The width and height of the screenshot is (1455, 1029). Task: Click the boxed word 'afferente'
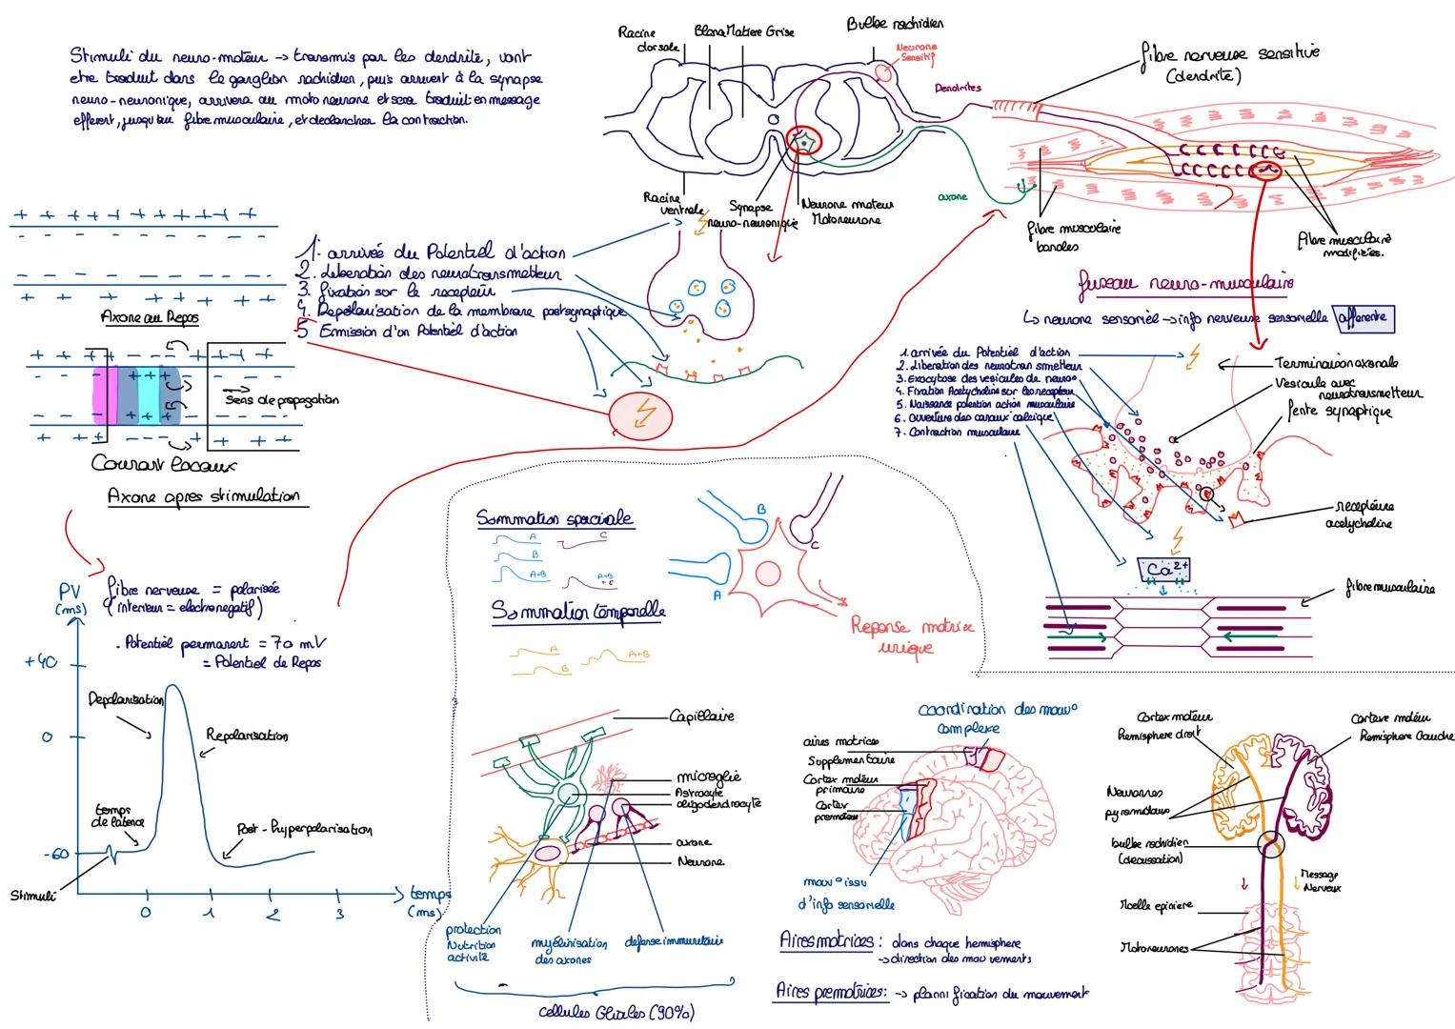1365,317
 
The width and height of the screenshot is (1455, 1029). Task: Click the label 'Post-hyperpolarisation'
304,829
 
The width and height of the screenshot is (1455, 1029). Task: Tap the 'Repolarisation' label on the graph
246,736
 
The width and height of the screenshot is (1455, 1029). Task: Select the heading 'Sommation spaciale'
555,519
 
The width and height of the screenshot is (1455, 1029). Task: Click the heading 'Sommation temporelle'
577,611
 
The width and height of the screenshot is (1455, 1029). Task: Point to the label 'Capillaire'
701,716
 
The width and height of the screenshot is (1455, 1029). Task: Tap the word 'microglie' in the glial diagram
708,776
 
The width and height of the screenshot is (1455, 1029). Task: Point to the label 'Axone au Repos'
150,316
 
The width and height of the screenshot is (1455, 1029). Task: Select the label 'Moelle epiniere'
1155,906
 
